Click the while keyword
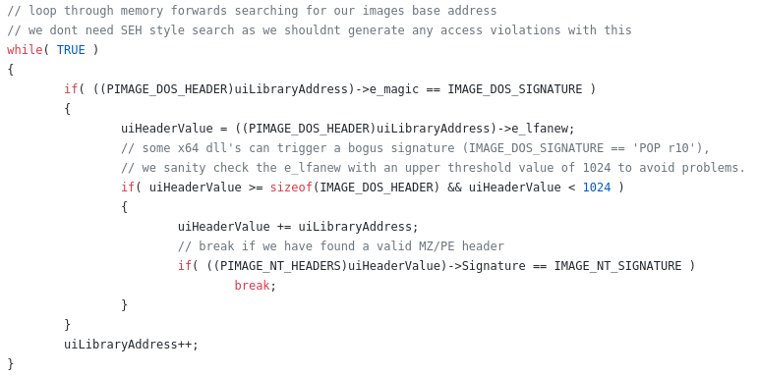pos(24,50)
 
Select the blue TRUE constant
pos(71,50)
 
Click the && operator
pos(454,188)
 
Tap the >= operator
pos(256,188)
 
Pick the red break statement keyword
pos(252,286)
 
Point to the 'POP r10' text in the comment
pos(668,148)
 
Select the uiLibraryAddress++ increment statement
pos(131,345)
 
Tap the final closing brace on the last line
pos(11,364)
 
